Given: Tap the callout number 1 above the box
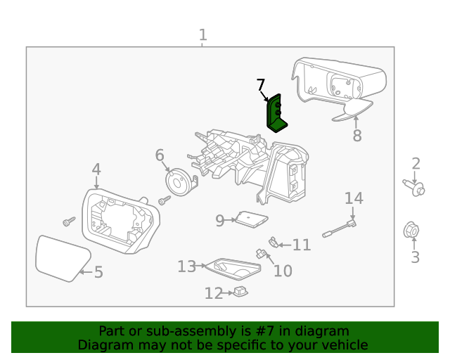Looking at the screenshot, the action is point(203,35).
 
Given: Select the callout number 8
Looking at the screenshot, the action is point(357,136).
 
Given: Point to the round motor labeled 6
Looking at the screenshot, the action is point(179,181).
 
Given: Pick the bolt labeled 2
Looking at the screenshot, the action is point(414,188).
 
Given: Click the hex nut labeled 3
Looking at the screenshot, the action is point(411,230).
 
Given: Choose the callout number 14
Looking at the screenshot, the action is point(354,198).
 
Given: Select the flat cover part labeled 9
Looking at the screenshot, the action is point(252,219).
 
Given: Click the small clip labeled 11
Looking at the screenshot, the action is point(274,243).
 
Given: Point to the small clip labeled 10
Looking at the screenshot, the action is point(261,253).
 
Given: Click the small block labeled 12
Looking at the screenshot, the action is point(240,292).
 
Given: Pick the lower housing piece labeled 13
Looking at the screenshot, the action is point(233,269).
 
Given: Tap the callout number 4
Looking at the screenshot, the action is point(96,169).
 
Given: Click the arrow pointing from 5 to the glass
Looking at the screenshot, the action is point(86,272).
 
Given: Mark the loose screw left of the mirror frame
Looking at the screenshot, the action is point(69,221).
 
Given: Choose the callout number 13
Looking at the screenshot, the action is point(187,266).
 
